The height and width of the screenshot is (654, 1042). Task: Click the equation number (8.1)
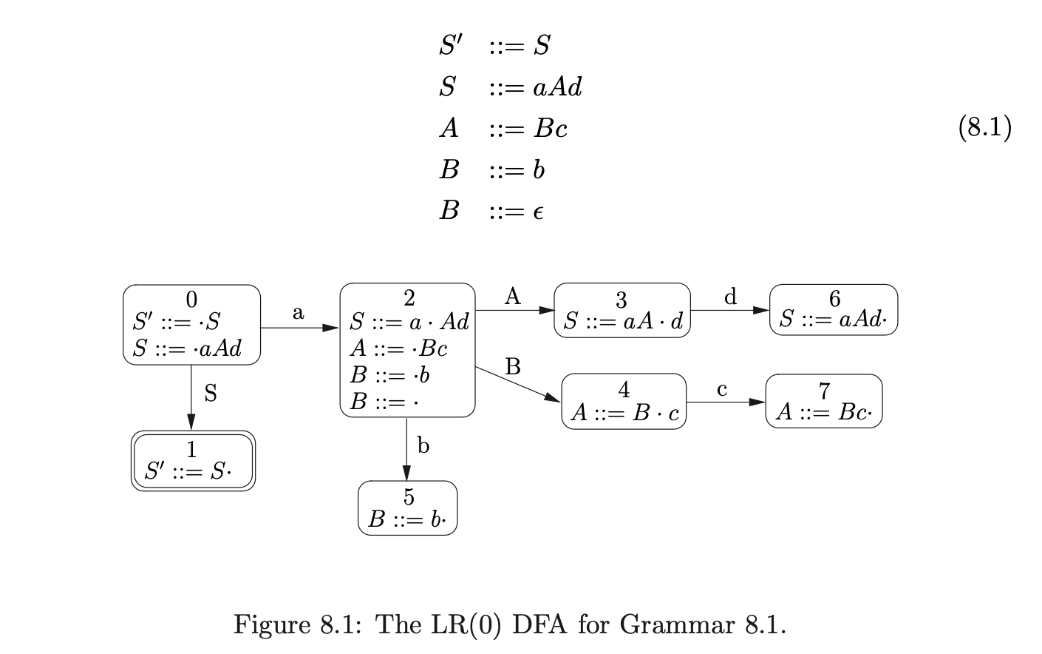tap(984, 128)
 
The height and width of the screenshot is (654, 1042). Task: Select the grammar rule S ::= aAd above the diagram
tap(510, 87)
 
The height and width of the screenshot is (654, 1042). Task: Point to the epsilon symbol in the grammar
tap(538, 212)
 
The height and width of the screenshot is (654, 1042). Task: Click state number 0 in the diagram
tap(191, 299)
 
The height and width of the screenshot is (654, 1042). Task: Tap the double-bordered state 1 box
tap(193, 461)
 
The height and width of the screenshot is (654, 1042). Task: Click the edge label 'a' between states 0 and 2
tap(298, 313)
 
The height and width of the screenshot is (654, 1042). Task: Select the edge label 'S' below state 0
tap(211, 394)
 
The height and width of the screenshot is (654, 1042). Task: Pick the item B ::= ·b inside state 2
tap(389, 375)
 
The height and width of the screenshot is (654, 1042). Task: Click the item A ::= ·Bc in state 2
tap(398, 348)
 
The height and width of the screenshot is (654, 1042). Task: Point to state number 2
tap(409, 297)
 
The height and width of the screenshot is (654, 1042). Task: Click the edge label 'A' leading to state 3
tap(512, 297)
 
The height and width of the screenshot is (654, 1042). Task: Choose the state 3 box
tap(622, 311)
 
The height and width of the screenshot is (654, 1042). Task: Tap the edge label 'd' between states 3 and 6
tap(730, 297)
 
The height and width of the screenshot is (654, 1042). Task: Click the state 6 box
tap(833, 310)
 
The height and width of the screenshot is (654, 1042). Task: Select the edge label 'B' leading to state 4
tap(513, 366)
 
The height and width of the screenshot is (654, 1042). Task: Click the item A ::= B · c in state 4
tap(624, 413)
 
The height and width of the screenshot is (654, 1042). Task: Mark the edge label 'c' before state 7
tap(722, 389)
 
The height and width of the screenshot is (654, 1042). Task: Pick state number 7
tap(824, 390)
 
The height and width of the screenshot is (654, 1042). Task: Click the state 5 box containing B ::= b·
tap(408, 508)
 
